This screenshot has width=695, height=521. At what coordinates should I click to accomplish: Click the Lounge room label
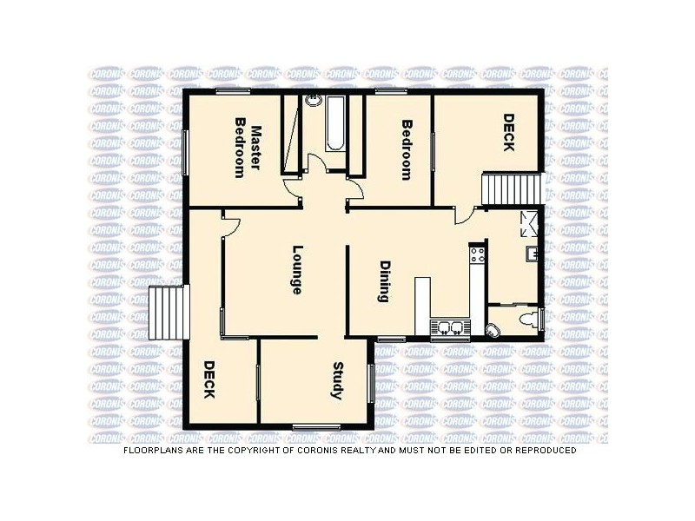click(x=296, y=270)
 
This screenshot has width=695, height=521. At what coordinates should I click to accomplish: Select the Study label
click(x=338, y=379)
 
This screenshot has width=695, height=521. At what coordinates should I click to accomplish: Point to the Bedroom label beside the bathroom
click(x=406, y=149)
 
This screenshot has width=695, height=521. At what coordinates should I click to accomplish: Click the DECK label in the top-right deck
click(x=508, y=132)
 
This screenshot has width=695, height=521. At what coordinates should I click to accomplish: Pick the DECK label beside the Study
click(x=208, y=379)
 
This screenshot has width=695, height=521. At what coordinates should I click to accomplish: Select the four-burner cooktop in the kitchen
click(x=476, y=255)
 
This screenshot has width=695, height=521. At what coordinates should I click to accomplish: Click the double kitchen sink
click(x=450, y=327)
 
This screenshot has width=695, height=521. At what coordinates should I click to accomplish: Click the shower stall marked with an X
click(x=529, y=223)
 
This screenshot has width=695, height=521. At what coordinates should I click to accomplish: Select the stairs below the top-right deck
click(x=512, y=188)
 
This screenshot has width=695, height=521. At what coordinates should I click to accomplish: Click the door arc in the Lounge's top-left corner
click(x=230, y=226)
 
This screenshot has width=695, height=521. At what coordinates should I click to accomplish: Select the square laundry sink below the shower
click(x=532, y=254)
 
